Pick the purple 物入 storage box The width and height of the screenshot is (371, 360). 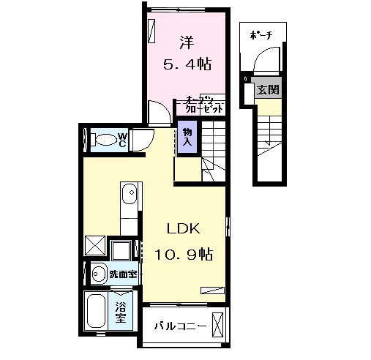click(x=187, y=137)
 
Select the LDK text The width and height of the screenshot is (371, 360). click(x=183, y=228)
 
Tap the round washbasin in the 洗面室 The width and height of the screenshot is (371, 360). click(x=98, y=274)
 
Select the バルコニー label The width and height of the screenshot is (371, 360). click(x=175, y=326)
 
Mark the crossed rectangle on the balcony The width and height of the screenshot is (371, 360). click(x=217, y=324)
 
